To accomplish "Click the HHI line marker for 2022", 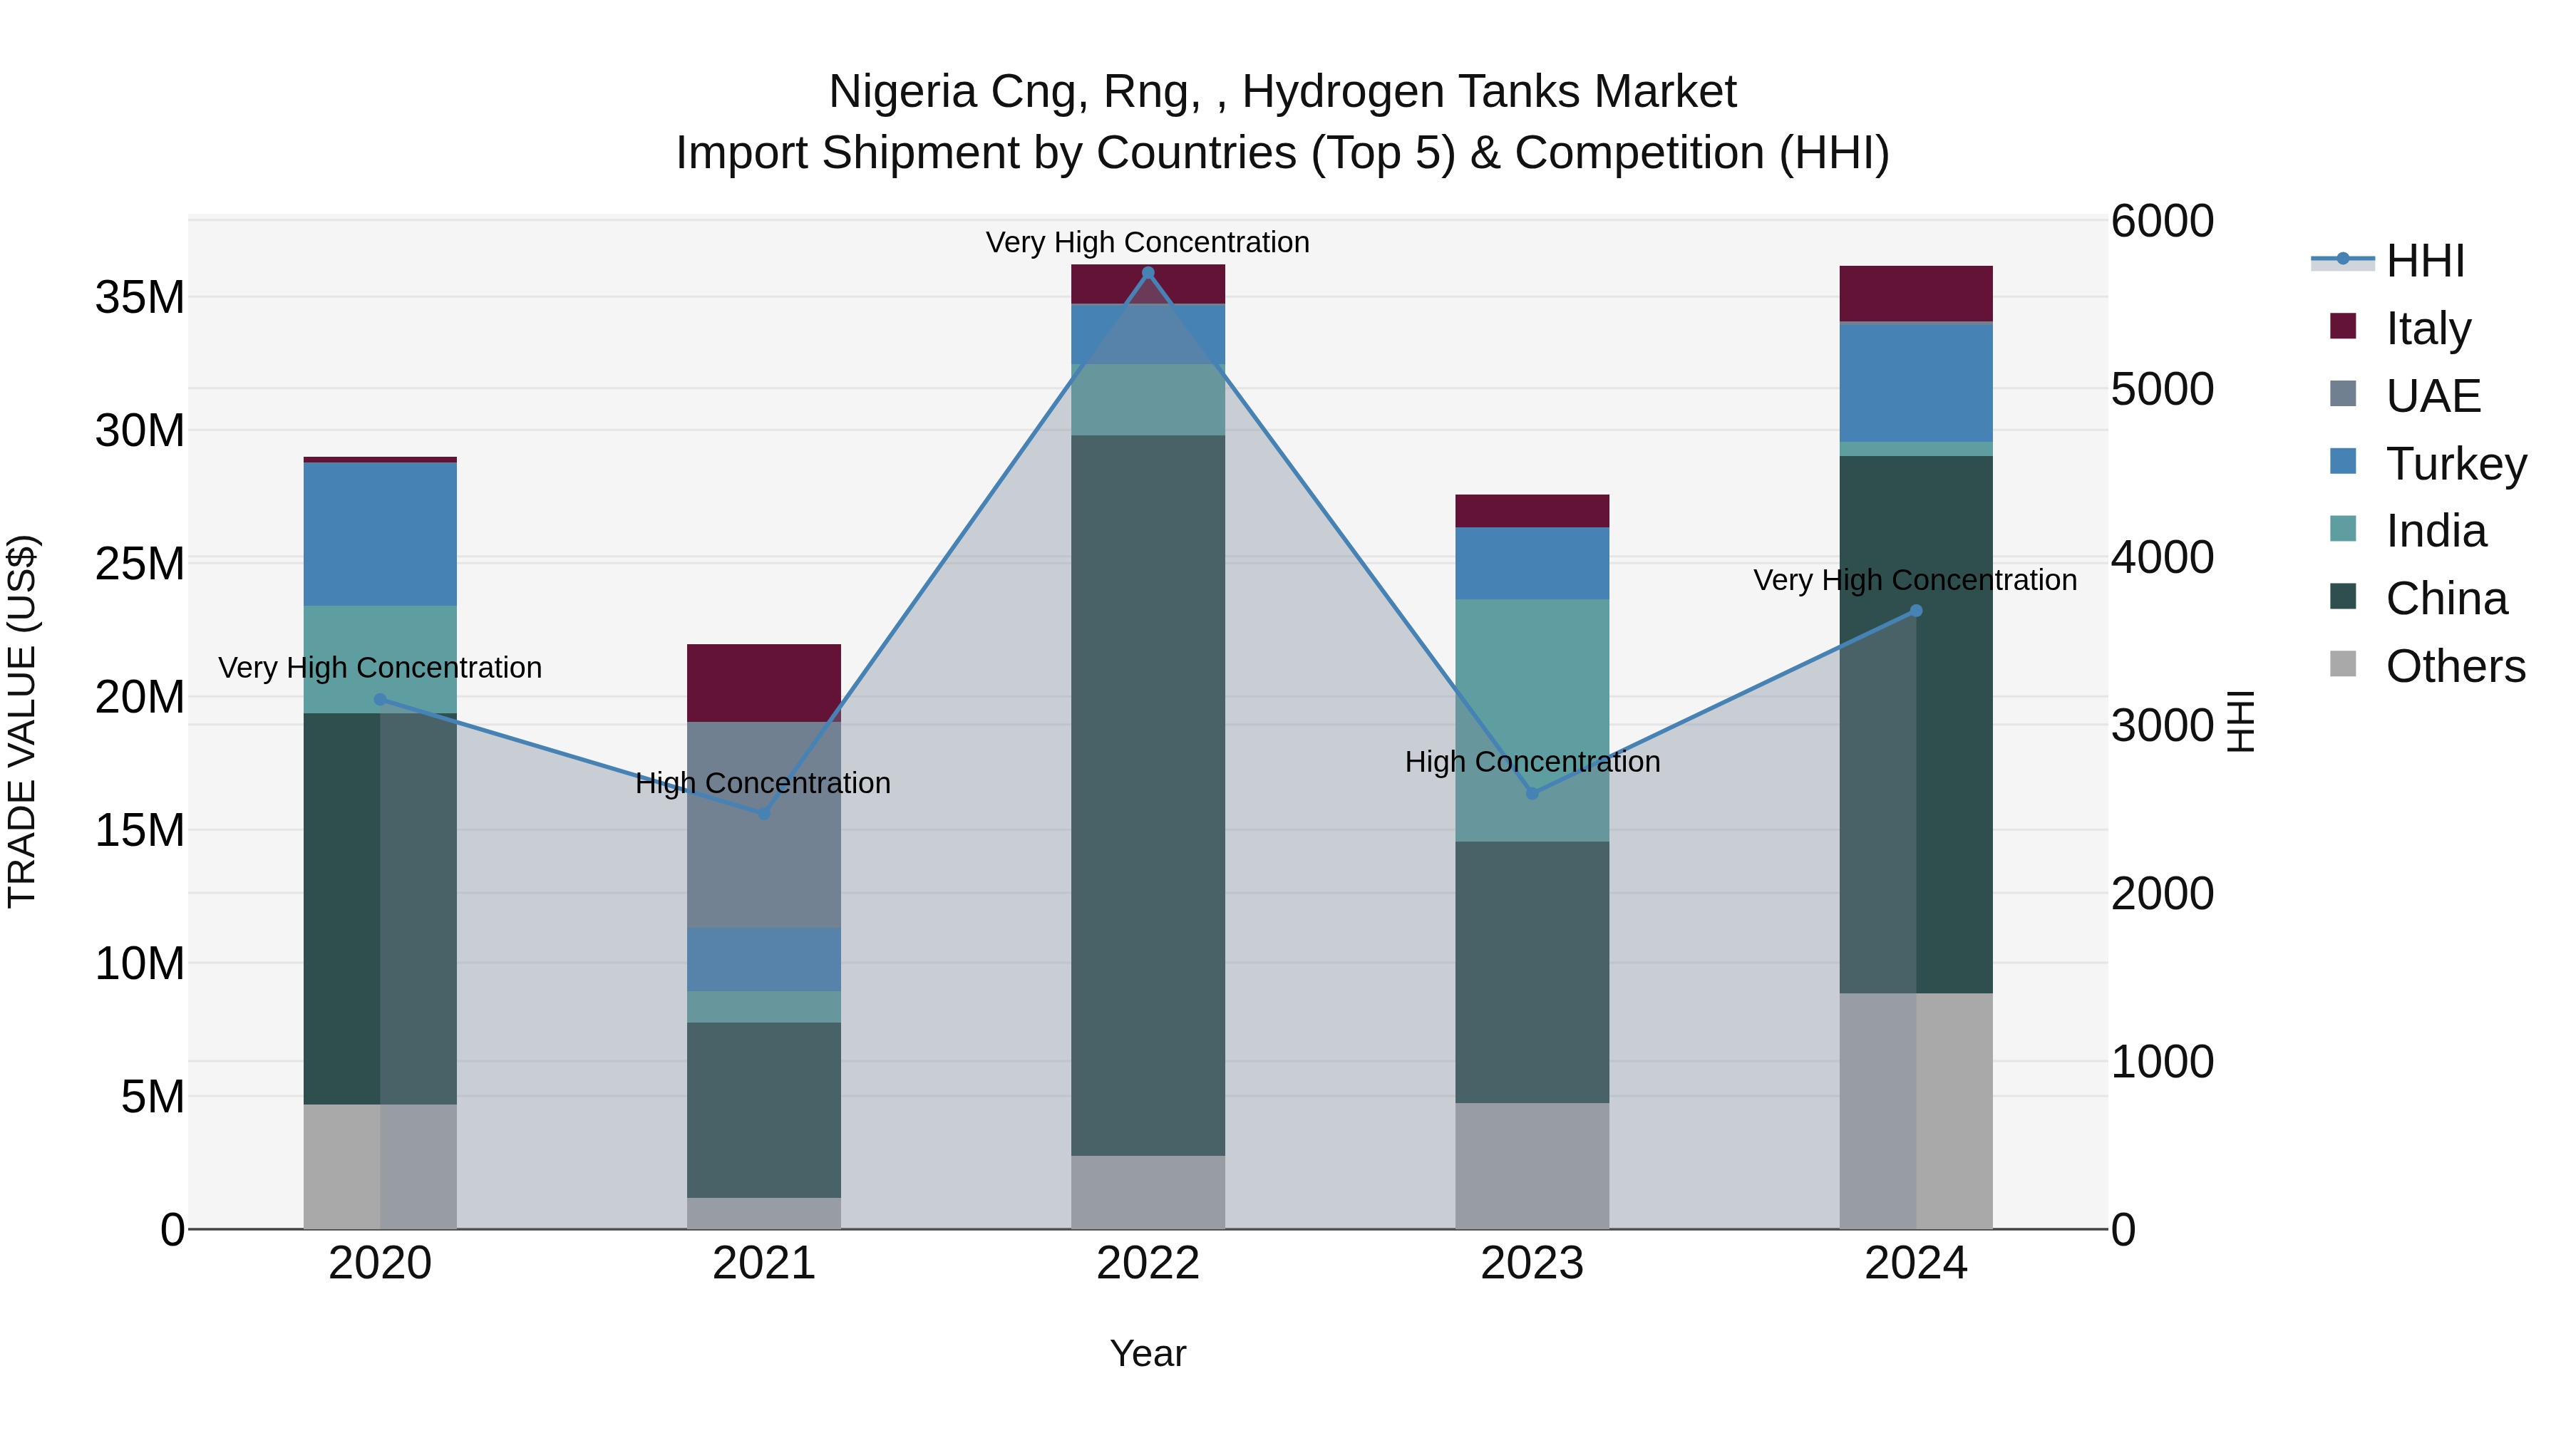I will tap(1148, 273).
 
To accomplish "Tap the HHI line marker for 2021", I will tap(764, 814).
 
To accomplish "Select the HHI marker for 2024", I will tap(1915, 611).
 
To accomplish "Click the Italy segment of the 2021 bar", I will tap(764, 683).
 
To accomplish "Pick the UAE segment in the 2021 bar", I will tap(764, 824).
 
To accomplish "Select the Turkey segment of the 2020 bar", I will tap(379, 534).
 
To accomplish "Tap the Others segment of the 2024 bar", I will tap(1915, 1110).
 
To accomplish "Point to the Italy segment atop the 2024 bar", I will tap(1915, 294).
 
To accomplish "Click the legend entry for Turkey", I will tap(2456, 464).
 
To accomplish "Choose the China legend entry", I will tap(2446, 599).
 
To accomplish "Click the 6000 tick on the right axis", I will tap(2162, 221).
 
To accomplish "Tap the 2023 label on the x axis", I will tap(1532, 1263).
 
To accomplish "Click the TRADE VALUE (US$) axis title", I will tap(23, 721).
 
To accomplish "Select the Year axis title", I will tap(1148, 1353).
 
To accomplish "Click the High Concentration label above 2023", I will tap(1532, 762).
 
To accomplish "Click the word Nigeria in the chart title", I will tap(902, 93).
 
